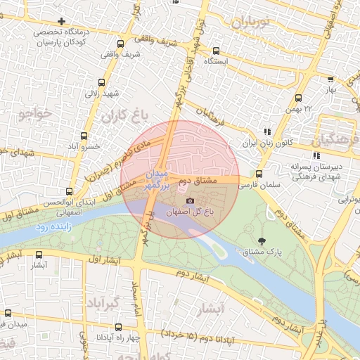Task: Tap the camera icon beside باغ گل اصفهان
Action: [x=190, y=201]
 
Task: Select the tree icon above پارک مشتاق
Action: [x=262, y=241]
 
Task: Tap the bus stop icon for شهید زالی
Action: [x=103, y=82]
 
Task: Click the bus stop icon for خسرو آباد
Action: [x=84, y=136]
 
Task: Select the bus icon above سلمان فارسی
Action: [x=259, y=174]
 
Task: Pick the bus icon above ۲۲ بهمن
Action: [x=299, y=99]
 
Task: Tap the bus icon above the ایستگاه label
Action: [x=216, y=51]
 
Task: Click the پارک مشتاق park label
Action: [x=266, y=251]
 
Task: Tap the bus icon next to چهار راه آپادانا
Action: [x=119, y=326]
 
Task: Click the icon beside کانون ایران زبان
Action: [x=266, y=131]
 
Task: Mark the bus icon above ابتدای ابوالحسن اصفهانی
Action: [x=68, y=191]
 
